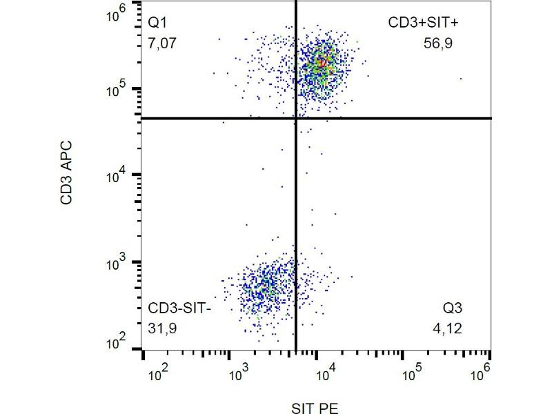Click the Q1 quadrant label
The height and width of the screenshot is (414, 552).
pos(157,23)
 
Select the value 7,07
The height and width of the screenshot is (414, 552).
pos(161,43)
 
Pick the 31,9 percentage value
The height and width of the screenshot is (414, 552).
pos(162,328)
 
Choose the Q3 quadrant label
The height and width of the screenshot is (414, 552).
pos(454,308)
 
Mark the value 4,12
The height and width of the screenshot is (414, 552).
pos(447,328)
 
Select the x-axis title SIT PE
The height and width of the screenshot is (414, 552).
pos(315,408)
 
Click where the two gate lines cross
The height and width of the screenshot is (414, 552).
pos(296,118)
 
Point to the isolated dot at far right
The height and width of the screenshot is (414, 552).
pos(460,79)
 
